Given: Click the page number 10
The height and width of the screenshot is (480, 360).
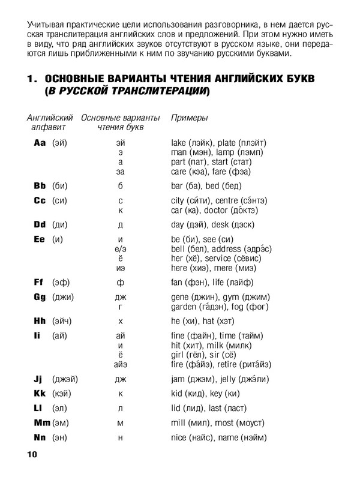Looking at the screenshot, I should (x=32, y=455).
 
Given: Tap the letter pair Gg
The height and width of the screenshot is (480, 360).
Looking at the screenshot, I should (x=40, y=297).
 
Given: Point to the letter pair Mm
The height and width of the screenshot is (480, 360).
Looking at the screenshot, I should (x=41, y=422).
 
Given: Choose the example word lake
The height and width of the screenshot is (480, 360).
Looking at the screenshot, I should (x=180, y=143).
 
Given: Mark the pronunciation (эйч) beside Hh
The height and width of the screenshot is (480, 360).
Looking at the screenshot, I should (x=61, y=321).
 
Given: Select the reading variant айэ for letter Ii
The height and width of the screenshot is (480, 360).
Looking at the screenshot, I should (x=121, y=364).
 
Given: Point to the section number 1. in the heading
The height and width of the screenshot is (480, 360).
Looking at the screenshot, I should (x=32, y=80).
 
